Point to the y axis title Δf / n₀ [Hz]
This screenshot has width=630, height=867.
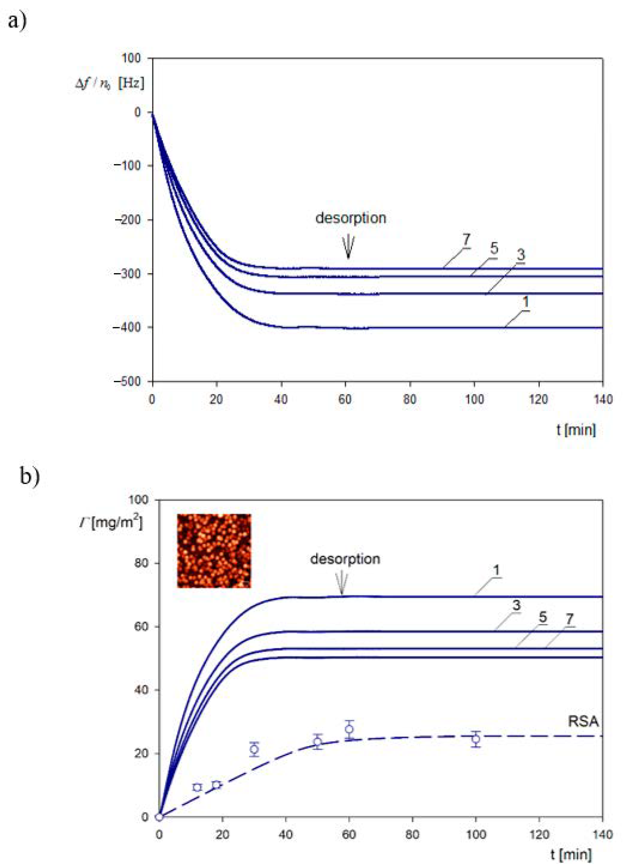(x=110, y=84)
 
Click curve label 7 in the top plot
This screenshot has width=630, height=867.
(x=466, y=240)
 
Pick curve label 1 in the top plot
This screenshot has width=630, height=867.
(x=526, y=302)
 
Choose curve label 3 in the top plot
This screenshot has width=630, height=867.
(x=521, y=255)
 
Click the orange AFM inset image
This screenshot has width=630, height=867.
(x=214, y=551)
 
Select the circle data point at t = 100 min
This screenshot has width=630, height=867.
(x=476, y=739)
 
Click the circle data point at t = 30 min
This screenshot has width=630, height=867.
(x=254, y=749)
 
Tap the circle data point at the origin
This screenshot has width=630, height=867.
(x=159, y=817)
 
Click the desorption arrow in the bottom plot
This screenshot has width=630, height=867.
(x=342, y=585)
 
